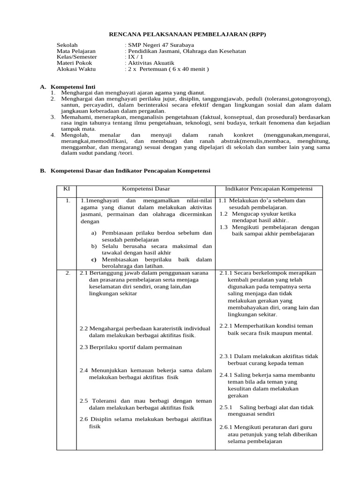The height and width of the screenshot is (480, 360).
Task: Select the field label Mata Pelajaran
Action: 76,51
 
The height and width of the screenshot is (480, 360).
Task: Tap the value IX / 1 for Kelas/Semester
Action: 134,57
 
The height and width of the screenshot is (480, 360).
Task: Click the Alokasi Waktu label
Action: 76,69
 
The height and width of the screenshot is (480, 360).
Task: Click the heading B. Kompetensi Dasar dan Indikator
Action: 125,172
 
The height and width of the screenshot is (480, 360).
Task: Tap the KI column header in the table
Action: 67,188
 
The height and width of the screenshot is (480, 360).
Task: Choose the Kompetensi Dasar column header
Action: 146,188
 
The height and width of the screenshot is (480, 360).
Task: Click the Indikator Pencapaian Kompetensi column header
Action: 269,188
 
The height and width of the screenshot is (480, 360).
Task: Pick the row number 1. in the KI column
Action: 68,201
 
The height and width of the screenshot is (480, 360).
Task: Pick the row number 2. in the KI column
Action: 68,273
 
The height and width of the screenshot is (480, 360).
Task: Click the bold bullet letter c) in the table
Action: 94,259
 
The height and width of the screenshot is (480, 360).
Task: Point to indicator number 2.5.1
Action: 226,407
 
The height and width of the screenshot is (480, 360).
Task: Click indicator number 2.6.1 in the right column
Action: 227,427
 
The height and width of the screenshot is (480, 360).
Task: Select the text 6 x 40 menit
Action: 189,69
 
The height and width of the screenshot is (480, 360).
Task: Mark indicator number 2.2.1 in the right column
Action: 227,326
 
